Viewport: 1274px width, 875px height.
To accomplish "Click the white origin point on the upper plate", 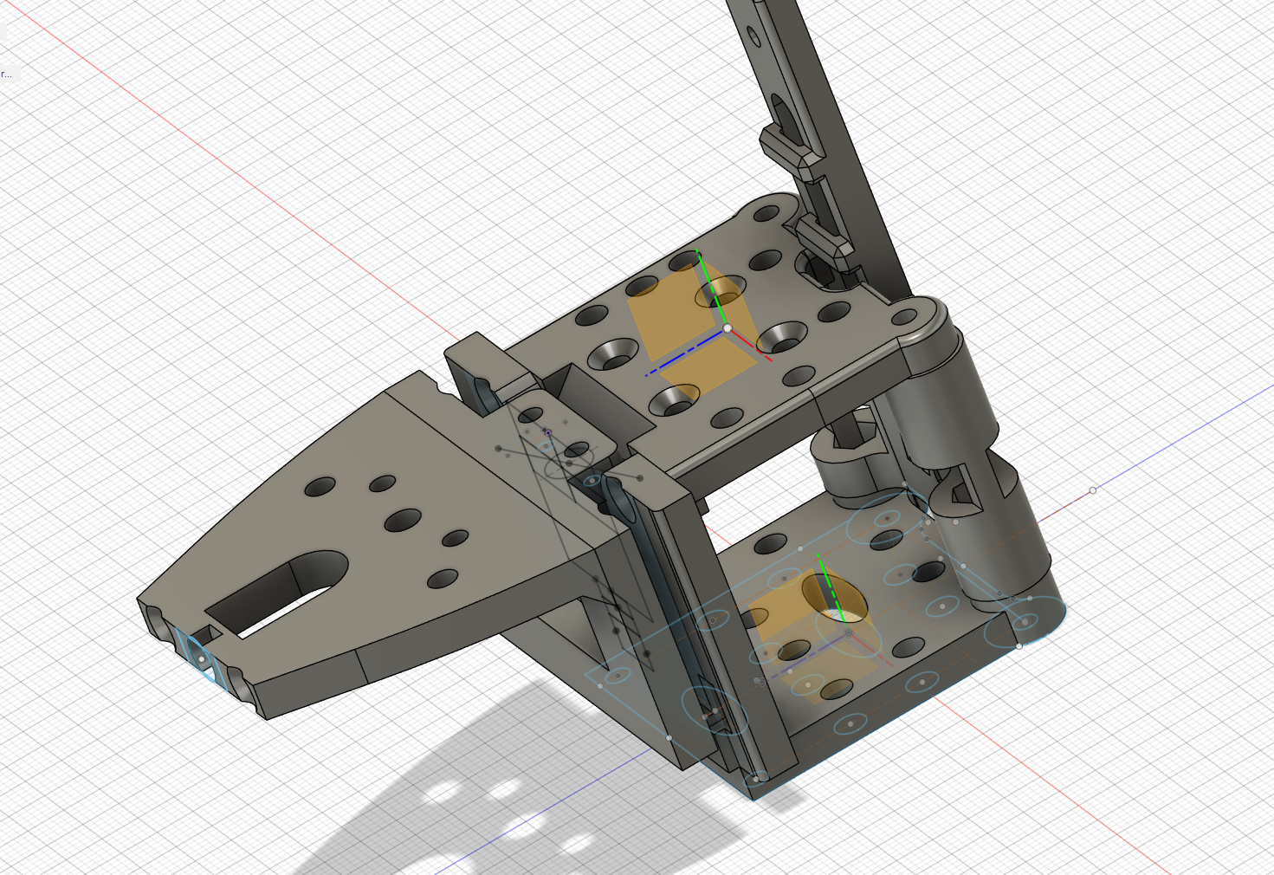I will [x=728, y=328].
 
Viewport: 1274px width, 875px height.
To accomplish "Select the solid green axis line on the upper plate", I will [x=712, y=290].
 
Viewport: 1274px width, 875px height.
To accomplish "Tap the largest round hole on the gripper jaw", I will [x=403, y=521].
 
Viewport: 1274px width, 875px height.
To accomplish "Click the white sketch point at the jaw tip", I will [x=203, y=659].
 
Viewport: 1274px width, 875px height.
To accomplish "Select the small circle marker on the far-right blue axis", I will [x=1092, y=490].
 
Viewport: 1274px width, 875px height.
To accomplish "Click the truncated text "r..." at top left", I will [x=6, y=75].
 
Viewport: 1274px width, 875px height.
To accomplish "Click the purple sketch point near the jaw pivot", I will [x=547, y=431].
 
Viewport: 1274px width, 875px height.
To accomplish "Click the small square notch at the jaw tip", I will [x=210, y=635].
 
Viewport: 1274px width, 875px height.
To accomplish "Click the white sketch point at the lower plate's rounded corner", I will [x=1019, y=645].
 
